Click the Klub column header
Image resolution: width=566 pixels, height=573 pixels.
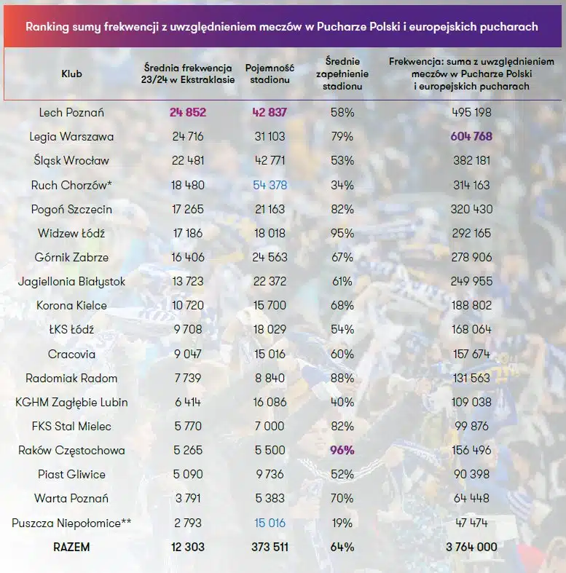click(71, 74)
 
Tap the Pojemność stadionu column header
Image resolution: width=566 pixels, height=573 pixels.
click(270, 74)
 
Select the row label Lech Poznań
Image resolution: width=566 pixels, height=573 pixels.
click(71, 112)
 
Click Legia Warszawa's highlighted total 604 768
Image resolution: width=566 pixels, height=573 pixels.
click(471, 136)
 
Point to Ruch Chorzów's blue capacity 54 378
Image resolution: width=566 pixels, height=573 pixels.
click(270, 185)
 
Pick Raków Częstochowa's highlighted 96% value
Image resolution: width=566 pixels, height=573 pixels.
click(342, 450)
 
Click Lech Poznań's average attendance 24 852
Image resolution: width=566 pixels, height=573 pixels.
click(188, 112)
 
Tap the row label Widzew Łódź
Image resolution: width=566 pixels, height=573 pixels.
click(71, 233)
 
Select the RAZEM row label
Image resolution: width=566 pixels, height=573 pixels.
click(71, 547)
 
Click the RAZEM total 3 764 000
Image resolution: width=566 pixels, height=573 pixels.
click(471, 547)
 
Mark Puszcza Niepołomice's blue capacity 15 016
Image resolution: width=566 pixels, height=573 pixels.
click(270, 523)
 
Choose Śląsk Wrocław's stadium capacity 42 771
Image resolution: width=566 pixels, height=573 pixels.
click(270, 160)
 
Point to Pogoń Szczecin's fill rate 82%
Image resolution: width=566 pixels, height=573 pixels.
click(342, 209)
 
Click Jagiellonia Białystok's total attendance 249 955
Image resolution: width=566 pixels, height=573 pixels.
click(471, 281)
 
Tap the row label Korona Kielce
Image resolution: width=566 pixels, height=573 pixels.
click(71, 305)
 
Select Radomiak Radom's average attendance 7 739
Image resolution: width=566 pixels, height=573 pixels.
click(188, 378)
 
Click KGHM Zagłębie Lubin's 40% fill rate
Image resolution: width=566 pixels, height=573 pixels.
click(342, 402)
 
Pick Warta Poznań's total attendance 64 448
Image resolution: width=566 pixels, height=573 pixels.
click(471, 498)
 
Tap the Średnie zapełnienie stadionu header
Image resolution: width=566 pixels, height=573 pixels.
click(342, 74)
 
